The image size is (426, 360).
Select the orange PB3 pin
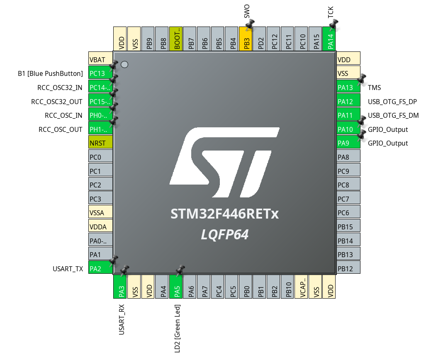click(246, 39)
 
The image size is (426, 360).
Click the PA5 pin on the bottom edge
click(176, 287)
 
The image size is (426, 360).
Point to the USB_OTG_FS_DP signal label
click(392, 102)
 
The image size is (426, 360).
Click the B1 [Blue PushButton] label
click(50, 73)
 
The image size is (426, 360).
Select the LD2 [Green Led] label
click(177, 328)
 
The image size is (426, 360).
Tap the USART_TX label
click(68, 269)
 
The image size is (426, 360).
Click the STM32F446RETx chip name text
click(224, 214)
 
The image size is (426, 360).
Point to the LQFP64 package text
click(224, 235)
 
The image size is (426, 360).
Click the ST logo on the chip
click(224, 162)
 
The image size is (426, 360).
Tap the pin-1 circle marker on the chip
click(124, 65)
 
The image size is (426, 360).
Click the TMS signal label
click(374, 88)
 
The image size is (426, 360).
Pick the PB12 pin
click(348, 269)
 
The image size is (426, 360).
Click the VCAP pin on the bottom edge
click(302, 287)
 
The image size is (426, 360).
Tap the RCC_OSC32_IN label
click(60, 88)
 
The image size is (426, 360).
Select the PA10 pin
click(348, 129)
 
